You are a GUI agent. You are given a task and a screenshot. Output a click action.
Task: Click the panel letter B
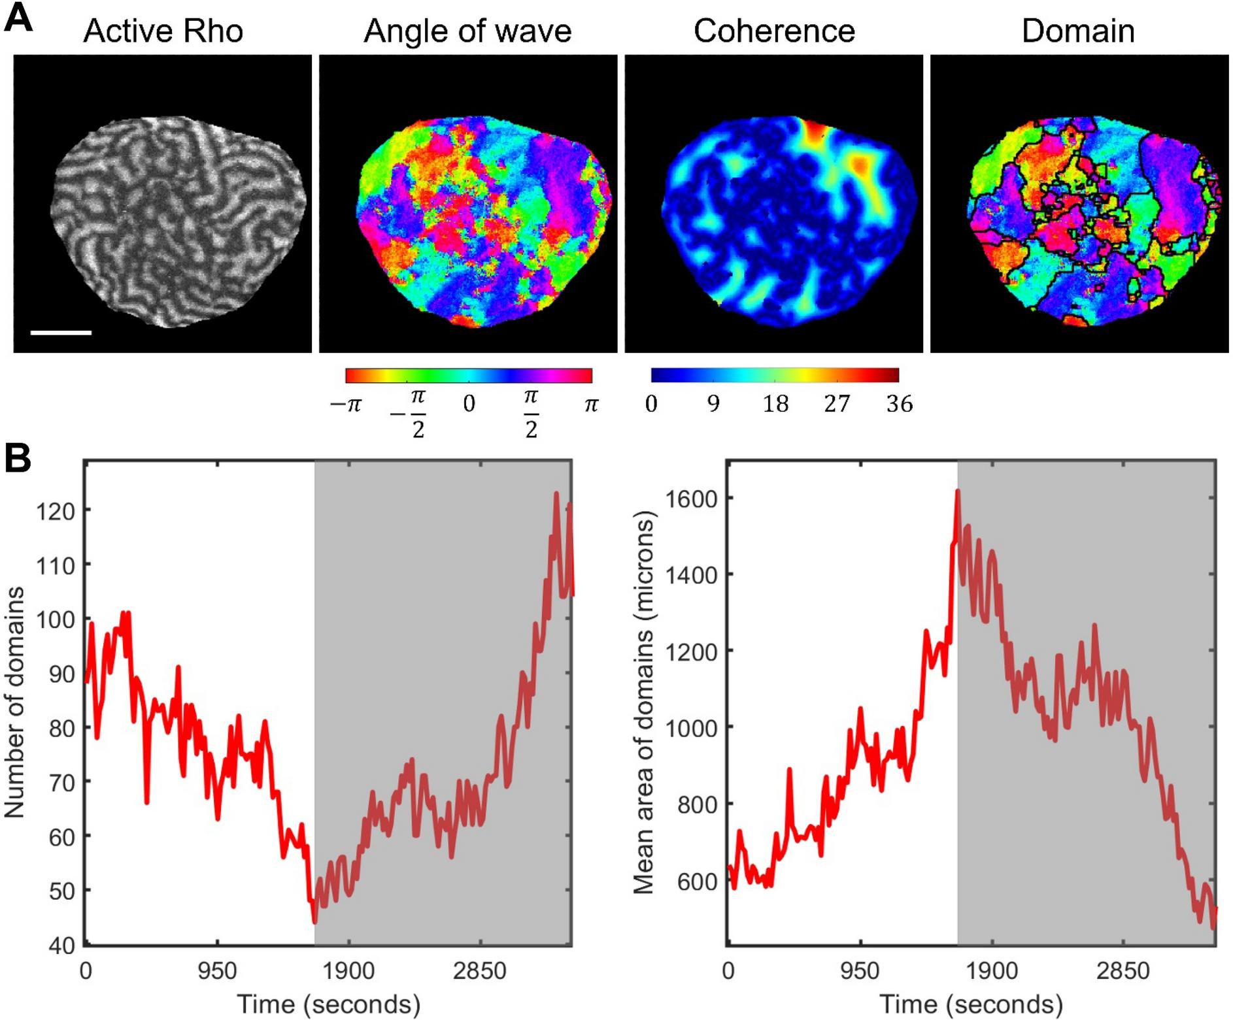[18, 459]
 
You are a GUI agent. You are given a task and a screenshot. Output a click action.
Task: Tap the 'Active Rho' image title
[163, 31]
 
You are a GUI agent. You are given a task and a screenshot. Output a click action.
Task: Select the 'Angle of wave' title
[467, 31]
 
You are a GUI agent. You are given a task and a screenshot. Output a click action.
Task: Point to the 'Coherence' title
[774, 31]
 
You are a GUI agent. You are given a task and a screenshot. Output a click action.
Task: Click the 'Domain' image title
[1078, 31]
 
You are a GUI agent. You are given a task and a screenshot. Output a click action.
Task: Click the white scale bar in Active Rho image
[61, 333]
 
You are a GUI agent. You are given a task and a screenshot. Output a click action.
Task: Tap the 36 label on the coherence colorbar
[899, 404]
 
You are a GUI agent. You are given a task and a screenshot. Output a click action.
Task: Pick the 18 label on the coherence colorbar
[775, 404]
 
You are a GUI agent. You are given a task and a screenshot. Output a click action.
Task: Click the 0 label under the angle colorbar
[469, 404]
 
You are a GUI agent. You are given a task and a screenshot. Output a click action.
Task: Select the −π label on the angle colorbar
[346, 404]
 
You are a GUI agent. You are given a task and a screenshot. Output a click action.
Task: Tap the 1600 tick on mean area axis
[692, 499]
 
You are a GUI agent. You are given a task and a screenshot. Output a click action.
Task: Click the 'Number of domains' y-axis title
[14, 702]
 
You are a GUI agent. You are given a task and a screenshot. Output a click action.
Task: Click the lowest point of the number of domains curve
[314, 923]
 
